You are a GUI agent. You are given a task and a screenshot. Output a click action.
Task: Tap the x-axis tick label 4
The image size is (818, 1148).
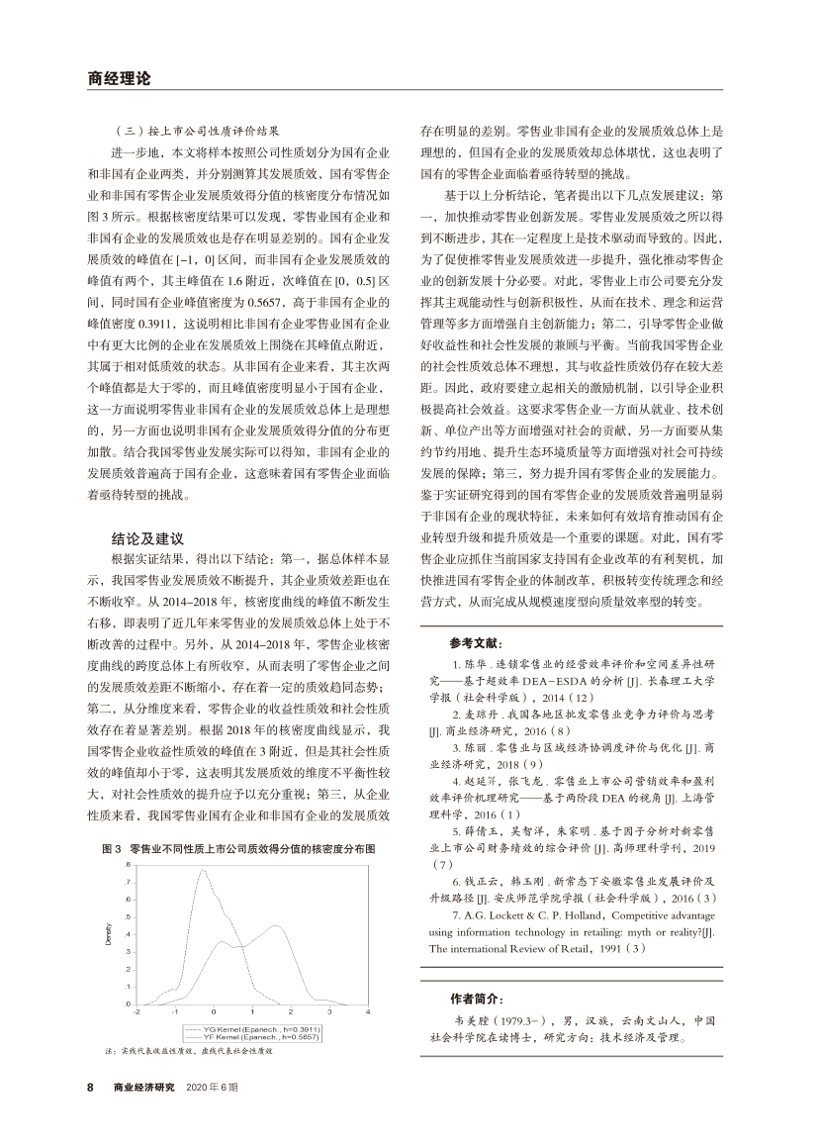point(367,1013)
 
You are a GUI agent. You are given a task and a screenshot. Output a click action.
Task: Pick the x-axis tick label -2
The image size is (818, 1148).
point(136,1013)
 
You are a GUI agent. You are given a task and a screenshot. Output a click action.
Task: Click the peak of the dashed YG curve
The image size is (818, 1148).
point(203,872)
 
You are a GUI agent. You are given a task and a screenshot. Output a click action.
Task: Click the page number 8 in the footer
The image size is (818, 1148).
point(90,1087)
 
